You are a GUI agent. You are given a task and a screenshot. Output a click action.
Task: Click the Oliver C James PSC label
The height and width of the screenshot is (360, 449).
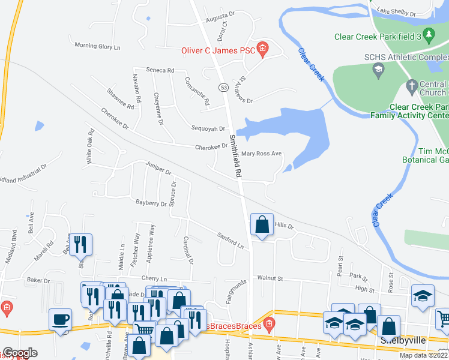point(218,51)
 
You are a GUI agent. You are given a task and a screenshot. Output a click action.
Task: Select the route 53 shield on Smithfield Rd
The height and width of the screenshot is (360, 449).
point(223,88)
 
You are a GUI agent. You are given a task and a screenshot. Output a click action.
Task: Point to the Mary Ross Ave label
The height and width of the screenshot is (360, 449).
point(261,154)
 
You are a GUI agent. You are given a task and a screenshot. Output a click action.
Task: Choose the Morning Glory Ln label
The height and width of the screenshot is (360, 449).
point(97,46)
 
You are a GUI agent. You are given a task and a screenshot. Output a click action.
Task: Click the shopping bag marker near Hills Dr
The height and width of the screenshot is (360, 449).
point(262,226)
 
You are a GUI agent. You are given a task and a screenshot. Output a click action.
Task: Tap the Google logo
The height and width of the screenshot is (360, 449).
point(20,353)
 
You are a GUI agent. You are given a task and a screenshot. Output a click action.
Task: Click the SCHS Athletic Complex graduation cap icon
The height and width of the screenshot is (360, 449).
point(378,71)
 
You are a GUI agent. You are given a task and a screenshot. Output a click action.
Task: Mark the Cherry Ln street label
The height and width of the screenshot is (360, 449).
point(154,278)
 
